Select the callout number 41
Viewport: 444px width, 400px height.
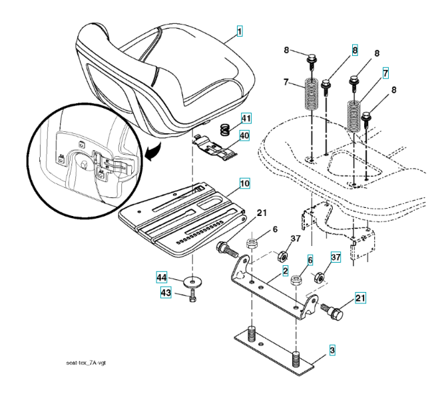click(246, 119)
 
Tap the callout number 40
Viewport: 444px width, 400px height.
click(246, 135)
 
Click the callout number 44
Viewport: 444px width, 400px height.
click(162, 276)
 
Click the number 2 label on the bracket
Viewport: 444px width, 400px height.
click(285, 271)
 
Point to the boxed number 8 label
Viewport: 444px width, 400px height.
click(355, 50)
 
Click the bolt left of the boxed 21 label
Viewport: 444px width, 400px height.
click(332, 311)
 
